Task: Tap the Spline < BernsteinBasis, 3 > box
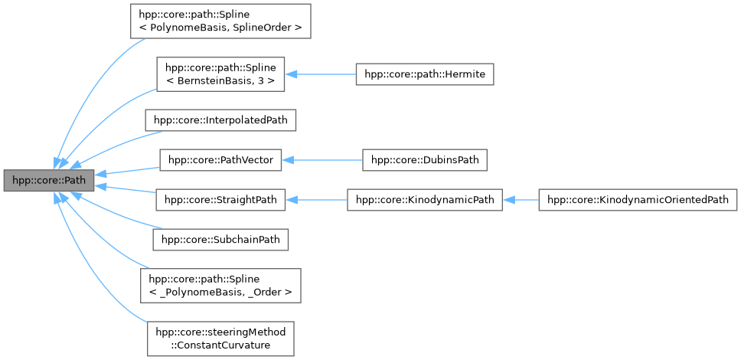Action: point(220,74)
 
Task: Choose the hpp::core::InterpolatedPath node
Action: point(222,120)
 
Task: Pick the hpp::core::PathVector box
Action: point(220,160)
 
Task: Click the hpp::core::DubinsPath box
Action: point(425,160)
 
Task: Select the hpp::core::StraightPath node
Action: point(220,201)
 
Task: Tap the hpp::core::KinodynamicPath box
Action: point(425,201)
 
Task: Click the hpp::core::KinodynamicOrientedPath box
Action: point(638,201)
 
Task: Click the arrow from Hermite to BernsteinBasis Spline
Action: point(321,74)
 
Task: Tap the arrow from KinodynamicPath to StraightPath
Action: point(316,201)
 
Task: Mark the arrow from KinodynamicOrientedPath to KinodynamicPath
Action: point(521,201)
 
